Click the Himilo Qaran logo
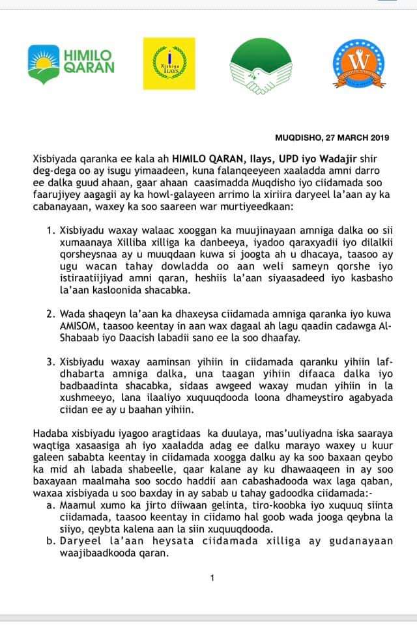pyautogui.click(x=71, y=61)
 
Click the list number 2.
pyautogui.click(x=51, y=313)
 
